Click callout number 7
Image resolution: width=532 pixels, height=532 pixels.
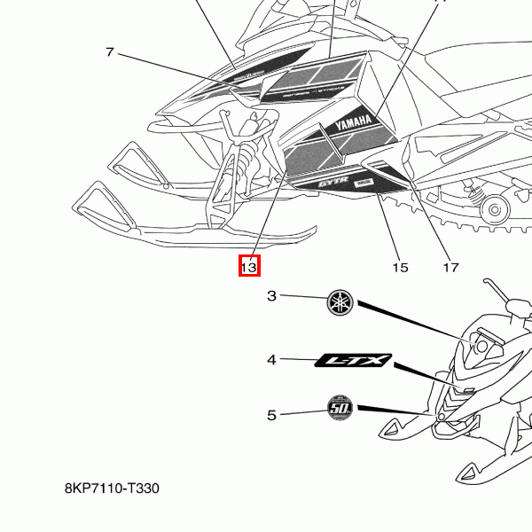point(110,52)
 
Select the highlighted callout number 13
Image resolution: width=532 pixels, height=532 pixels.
point(248,265)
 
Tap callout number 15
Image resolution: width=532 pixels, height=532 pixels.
point(400,267)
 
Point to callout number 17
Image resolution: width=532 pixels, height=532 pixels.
point(450,267)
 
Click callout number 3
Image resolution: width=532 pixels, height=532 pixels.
point(272,296)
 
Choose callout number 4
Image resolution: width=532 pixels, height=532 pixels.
point(272,360)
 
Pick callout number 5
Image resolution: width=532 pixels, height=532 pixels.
point(272,414)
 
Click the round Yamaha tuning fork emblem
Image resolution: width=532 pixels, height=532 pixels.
point(340,301)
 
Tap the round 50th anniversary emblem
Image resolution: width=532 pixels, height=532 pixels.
point(340,409)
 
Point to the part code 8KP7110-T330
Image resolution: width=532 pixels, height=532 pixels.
point(112,489)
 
